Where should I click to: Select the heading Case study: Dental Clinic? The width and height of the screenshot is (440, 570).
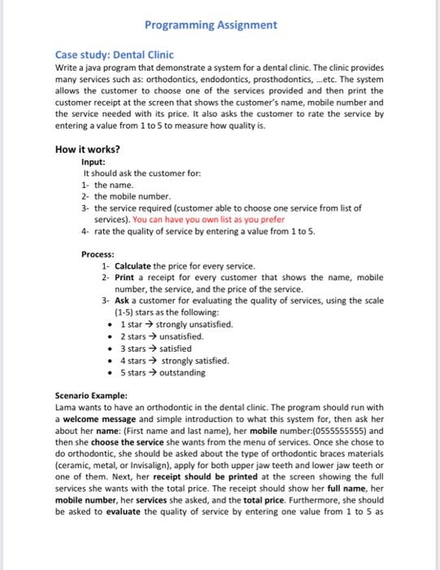pyautogui.click(x=110, y=55)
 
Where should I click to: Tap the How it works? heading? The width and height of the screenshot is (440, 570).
pyautogui.click(x=87, y=149)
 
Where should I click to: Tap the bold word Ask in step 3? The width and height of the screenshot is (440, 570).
pyautogui.click(x=123, y=300)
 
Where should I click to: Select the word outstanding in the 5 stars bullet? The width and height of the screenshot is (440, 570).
pyautogui.click(x=184, y=373)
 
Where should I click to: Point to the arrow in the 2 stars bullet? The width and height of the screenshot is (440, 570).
pyautogui.click(x=148, y=336)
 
